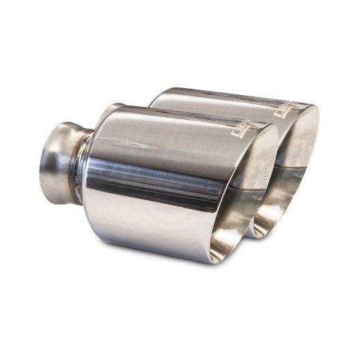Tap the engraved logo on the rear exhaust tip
284,110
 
